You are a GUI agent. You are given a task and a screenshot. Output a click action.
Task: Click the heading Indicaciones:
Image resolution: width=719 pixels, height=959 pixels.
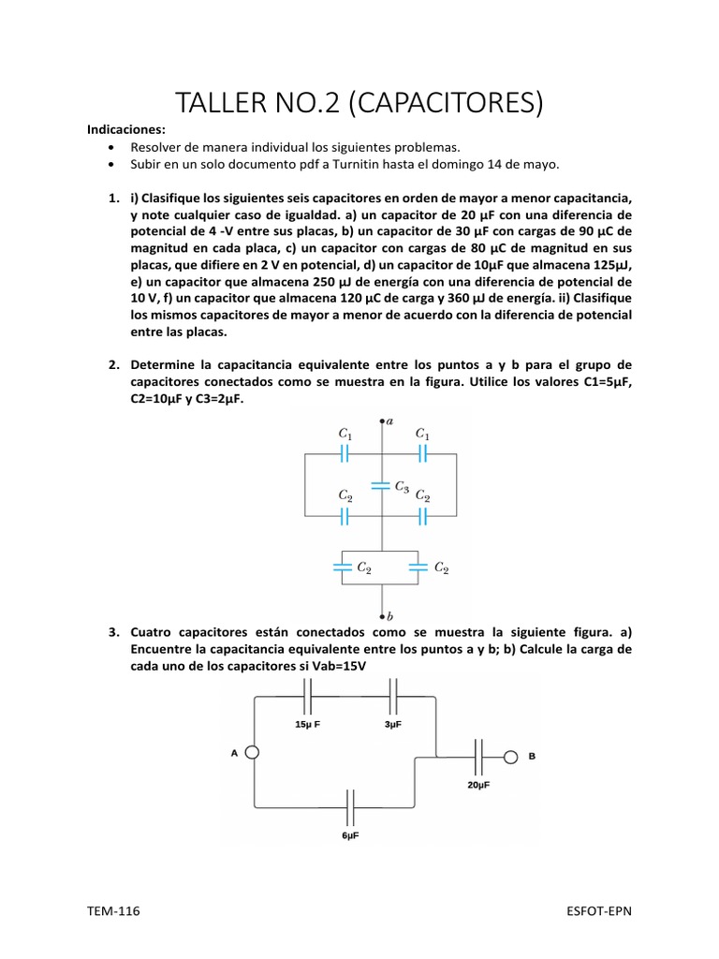[x=125, y=130]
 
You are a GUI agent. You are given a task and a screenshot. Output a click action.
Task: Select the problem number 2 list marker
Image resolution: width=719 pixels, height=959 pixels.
[x=112, y=364]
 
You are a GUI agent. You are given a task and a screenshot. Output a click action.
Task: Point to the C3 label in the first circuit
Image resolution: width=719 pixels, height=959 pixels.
[x=401, y=486]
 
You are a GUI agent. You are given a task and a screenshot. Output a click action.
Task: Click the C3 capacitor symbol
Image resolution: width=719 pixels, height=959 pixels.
[x=381, y=485]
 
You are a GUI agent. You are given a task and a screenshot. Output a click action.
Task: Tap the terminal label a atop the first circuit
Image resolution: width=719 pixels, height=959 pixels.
[x=389, y=421]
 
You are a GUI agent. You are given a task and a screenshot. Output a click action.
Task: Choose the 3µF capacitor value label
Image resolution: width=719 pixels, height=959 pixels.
[x=393, y=723]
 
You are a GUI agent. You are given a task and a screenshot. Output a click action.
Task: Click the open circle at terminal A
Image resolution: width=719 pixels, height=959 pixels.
[x=251, y=753]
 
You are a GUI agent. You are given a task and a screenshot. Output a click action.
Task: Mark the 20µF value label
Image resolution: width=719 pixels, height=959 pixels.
[x=478, y=784]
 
